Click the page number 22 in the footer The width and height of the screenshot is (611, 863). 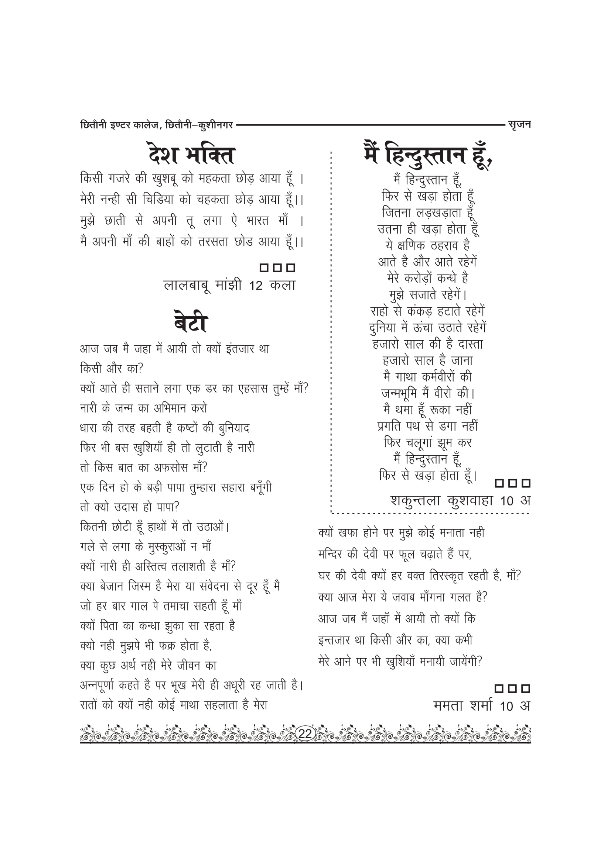click(305, 733)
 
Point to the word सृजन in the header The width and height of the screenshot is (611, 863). click(519, 124)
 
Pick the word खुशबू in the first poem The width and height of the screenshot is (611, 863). click(165, 179)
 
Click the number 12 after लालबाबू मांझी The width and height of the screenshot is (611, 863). click(256, 286)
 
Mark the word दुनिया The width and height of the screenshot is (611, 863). click(383, 328)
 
